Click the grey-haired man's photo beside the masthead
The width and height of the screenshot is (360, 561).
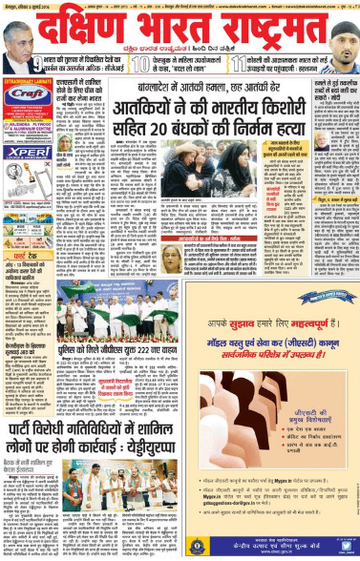[x=17, y=37]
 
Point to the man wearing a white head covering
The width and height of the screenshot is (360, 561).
[x=343, y=38]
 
